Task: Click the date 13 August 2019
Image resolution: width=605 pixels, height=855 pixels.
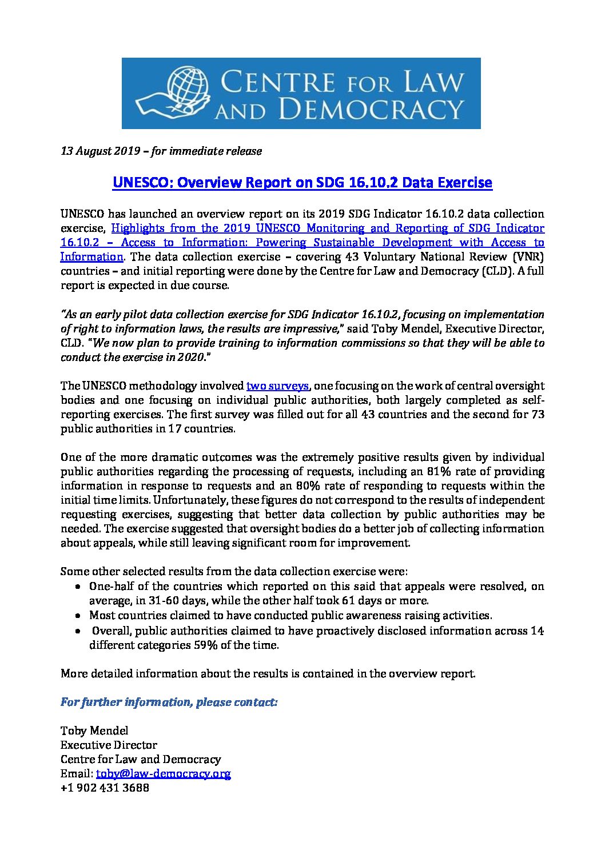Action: (x=101, y=151)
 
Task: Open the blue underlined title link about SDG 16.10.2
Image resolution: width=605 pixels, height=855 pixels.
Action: (x=302, y=183)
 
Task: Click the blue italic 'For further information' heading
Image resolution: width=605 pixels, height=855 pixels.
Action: (x=169, y=702)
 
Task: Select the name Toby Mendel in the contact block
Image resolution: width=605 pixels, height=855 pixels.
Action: (x=94, y=731)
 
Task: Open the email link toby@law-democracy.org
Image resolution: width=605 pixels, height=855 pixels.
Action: (x=163, y=774)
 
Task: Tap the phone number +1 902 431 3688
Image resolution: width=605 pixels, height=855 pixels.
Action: (x=105, y=788)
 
